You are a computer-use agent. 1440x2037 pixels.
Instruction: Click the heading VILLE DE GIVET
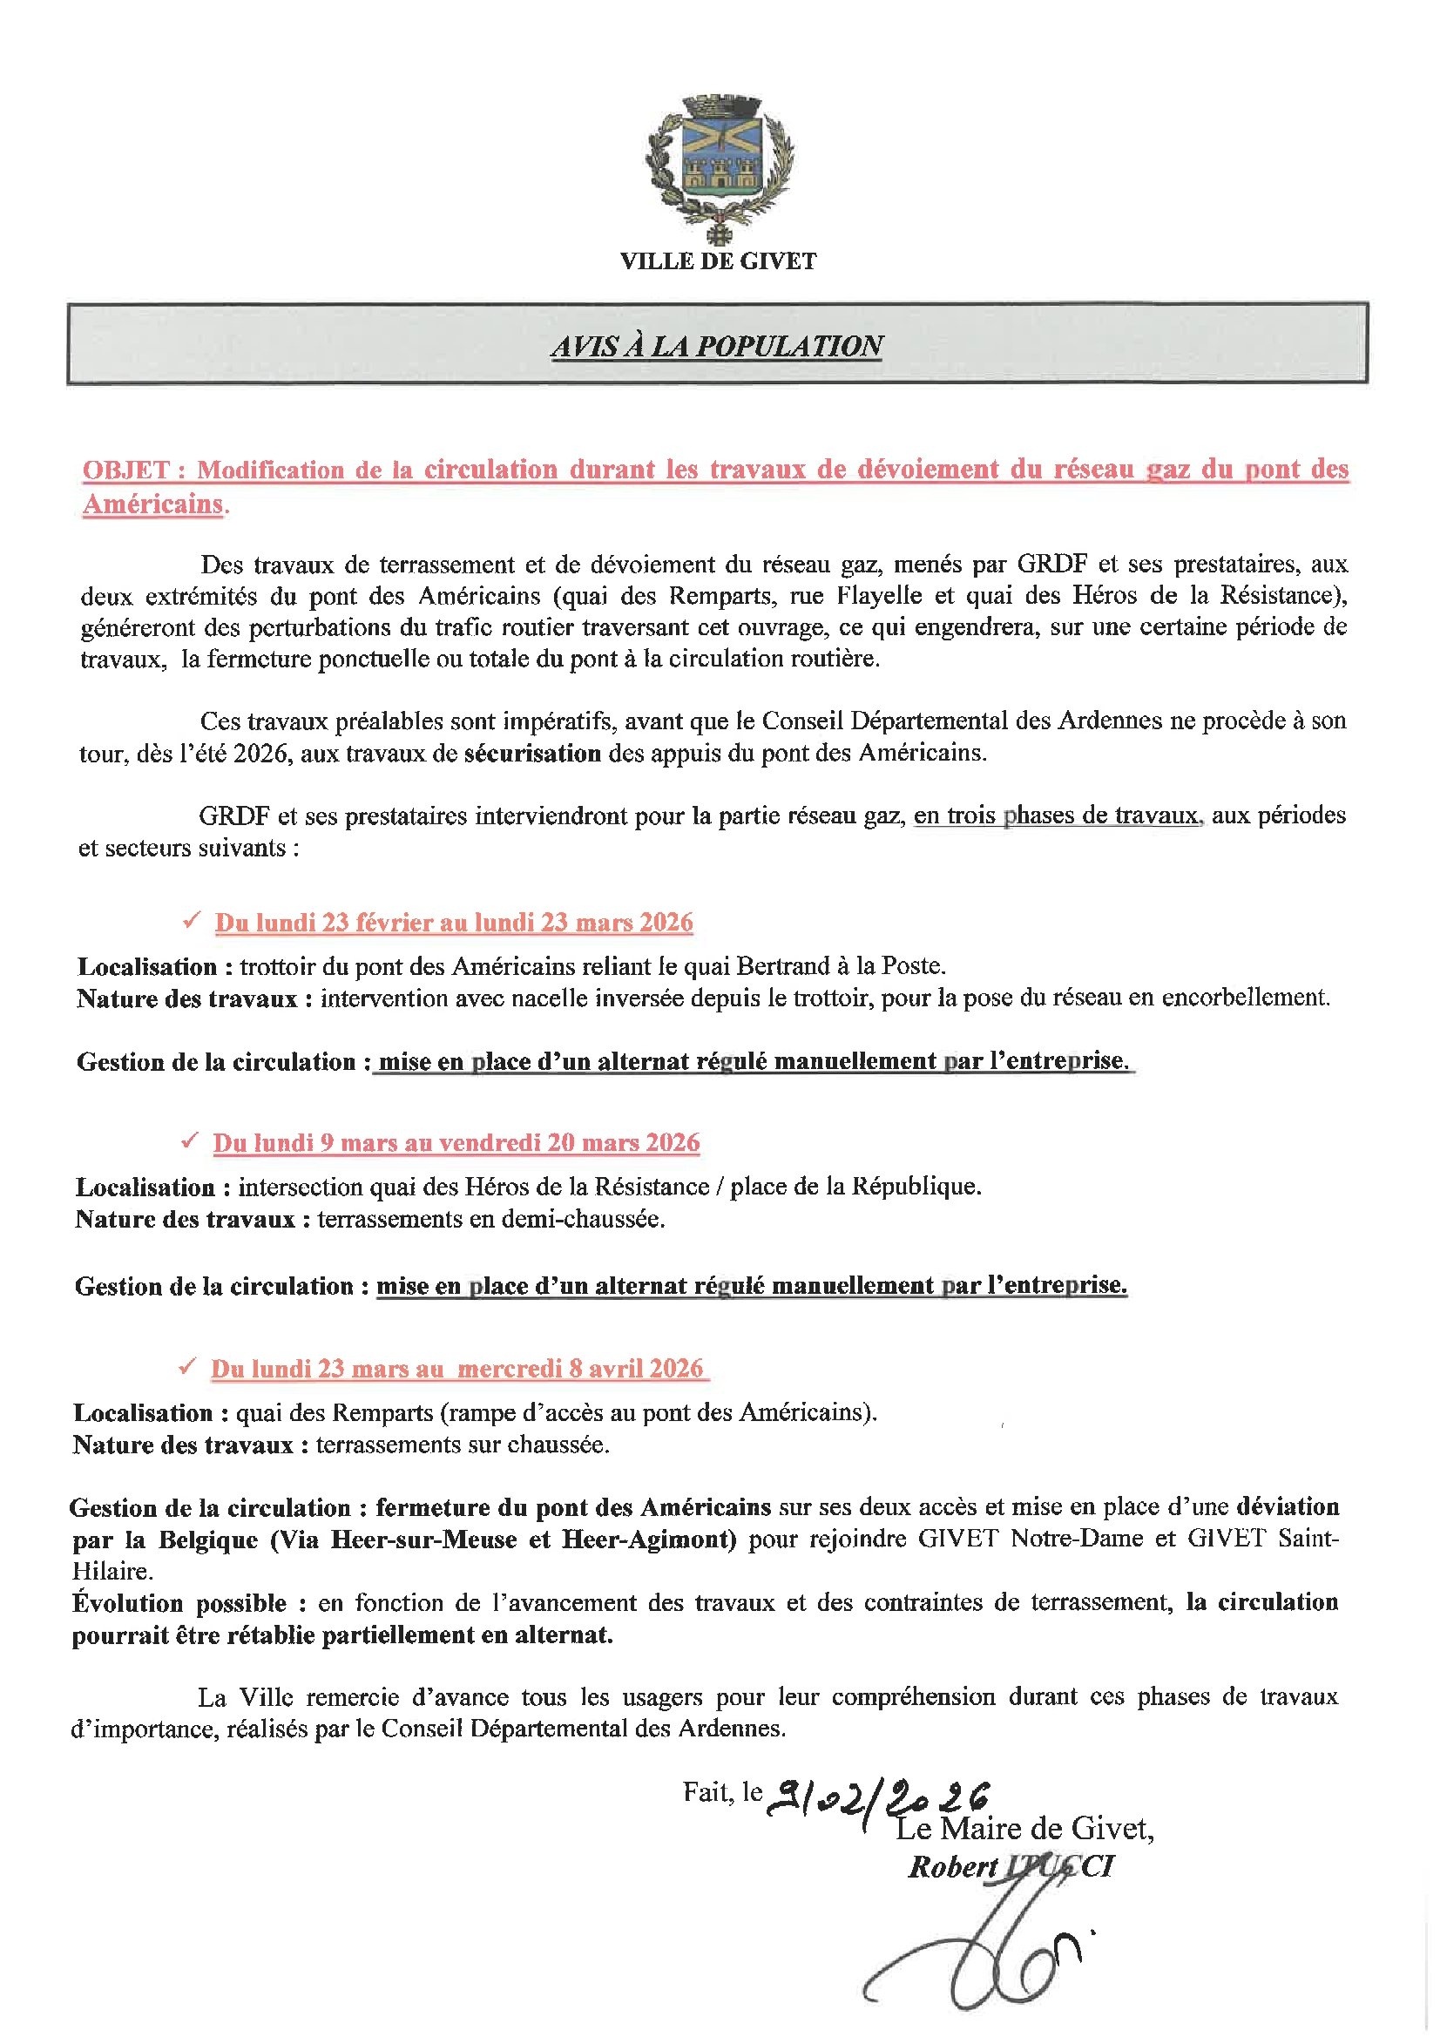coord(718,261)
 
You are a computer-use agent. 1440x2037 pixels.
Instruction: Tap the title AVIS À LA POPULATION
coord(717,345)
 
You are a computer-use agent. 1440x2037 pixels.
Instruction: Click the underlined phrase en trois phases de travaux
coord(1056,815)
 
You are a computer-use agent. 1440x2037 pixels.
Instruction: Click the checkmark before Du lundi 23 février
coord(189,922)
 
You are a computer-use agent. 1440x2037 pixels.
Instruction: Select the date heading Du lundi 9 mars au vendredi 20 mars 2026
coord(456,1143)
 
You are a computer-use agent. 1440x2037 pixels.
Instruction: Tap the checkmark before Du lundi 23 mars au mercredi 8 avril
coord(186,1367)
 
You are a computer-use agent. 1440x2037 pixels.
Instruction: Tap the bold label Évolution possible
coord(179,1603)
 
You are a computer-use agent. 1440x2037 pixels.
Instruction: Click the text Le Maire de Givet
coord(1024,1829)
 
